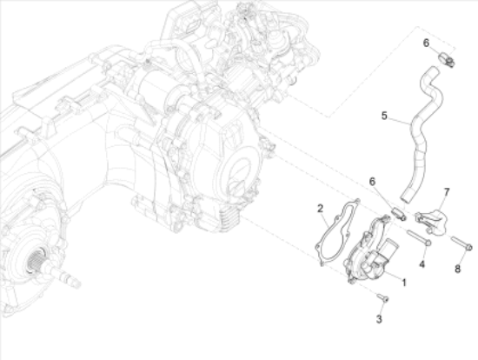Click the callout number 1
(404, 283)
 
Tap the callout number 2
(320, 209)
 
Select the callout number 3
(379, 319)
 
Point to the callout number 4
(422, 264)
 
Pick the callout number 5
(384, 116)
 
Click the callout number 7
(447, 192)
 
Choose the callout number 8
(457, 269)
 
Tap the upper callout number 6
(426, 43)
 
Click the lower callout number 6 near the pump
(372, 182)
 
